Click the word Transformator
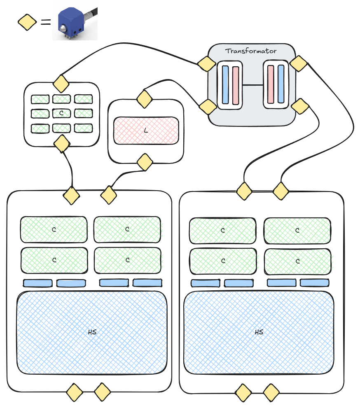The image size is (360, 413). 251,51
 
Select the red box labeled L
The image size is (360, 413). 146,131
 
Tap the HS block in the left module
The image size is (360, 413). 92,332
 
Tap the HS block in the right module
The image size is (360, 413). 259,332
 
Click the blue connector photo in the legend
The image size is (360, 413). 75,24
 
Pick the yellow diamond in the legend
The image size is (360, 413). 27,22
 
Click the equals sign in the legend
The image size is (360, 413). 46,22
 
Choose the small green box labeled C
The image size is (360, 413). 61,113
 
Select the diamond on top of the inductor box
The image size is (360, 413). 145,99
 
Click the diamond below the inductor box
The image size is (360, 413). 145,162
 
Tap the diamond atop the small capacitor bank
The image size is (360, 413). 61,84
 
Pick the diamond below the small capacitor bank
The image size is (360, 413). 62,144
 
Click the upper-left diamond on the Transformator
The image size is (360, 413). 207,63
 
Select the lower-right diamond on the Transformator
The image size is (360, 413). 300,106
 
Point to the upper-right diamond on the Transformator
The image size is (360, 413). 298,63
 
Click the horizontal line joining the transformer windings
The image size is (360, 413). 253,85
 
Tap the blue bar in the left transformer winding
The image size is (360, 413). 225,84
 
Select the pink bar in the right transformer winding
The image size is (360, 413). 271,84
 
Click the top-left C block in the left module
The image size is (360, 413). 54,229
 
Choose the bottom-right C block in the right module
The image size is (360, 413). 297,261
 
